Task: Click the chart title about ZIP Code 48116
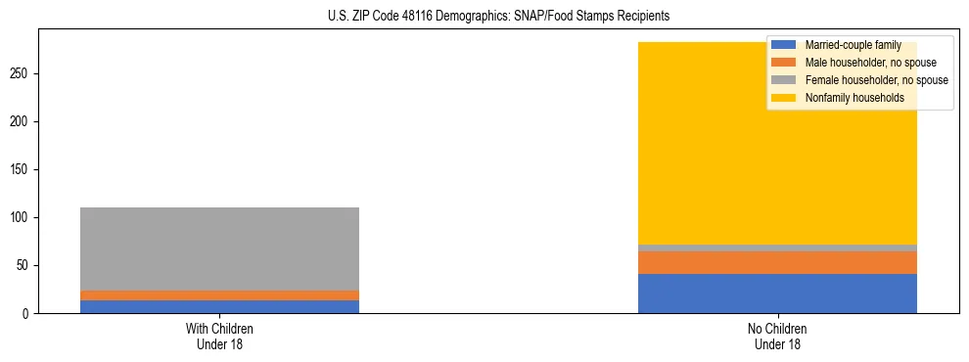(x=484, y=17)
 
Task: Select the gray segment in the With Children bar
(x=219, y=249)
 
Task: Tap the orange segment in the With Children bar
(x=219, y=295)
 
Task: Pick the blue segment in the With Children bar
(x=219, y=306)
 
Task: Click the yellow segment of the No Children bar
(x=777, y=157)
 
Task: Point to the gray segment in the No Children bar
(x=777, y=249)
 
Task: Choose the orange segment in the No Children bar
(x=777, y=262)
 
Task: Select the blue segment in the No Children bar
(x=777, y=294)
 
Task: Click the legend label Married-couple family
(x=853, y=45)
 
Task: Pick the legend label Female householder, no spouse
(x=876, y=80)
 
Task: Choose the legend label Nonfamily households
(x=849, y=98)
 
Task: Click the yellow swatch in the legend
(x=784, y=98)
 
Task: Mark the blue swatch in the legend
(x=784, y=45)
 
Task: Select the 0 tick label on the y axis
(x=28, y=313)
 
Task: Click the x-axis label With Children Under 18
(x=219, y=336)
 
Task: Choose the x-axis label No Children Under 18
(x=777, y=336)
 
